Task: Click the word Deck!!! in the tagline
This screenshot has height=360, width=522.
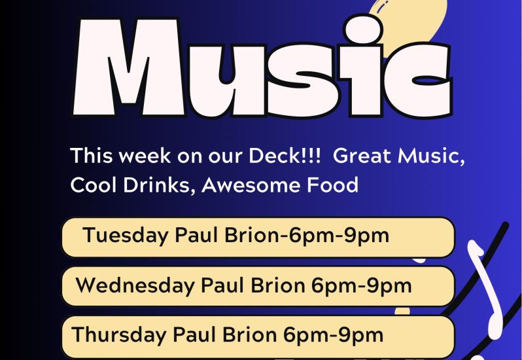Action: (285, 156)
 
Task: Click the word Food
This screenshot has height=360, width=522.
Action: (332, 185)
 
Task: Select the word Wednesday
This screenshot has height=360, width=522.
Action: (135, 286)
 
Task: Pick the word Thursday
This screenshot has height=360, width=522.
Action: (118, 334)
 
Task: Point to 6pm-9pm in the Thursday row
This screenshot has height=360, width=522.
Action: (333, 335)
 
